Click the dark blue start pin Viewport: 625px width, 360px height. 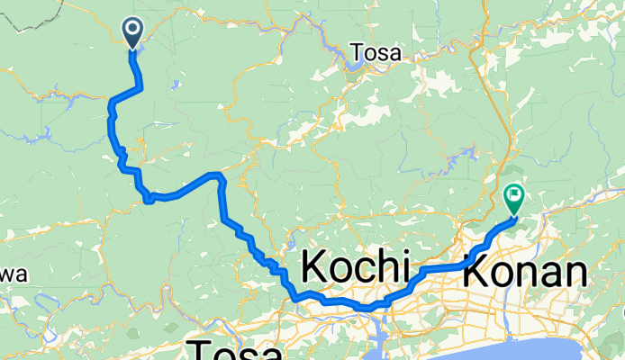tap(132, 33)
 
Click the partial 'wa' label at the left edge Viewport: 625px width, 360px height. tap(14, 274)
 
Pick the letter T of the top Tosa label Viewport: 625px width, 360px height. tap(363, 53)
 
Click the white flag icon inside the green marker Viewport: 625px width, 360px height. tap(515, 193)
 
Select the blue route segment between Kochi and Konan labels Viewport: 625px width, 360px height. tap(441, 268)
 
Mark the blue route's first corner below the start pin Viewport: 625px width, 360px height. tap(141, 86)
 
